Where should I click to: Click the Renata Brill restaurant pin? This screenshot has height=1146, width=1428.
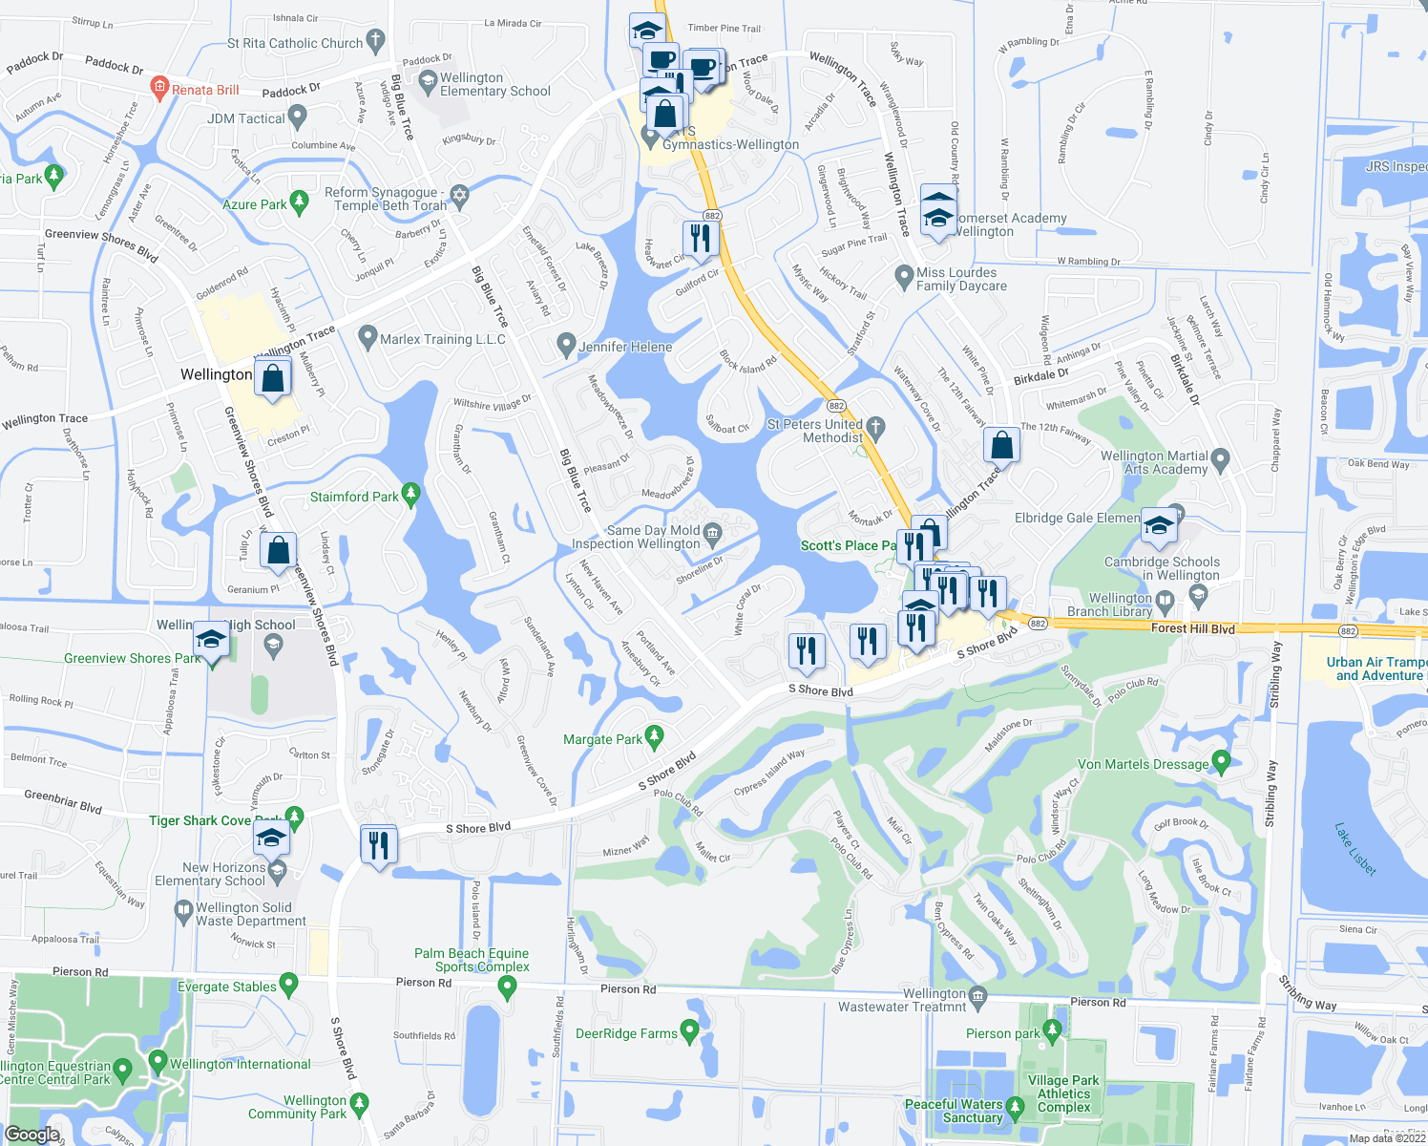pyautogui.click(x=159, y=89)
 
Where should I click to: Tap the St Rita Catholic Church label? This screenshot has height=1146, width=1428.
pyautogui.click(x=295, y=43)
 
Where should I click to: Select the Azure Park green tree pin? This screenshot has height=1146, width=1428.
pyautogui.click(x=300, y=202)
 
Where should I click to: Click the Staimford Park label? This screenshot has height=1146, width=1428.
pyautogui.click(x=354, y=497)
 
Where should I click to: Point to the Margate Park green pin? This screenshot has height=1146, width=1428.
pyautogui.click(x=654, y=736)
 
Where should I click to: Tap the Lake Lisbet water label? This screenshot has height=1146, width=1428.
pyautogui.click(x=1355, y=849)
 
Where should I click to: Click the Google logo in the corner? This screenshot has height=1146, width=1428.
pyautogui.click(x=31, y=1134)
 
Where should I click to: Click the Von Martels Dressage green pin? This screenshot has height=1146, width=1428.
pyautogui.click(x=1221, y=761)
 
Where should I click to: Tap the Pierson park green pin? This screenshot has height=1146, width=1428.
pyautogui.click(x=1052, y=1029)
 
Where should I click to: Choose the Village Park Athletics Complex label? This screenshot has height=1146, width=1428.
pyautogui.click(x=1063, y=1093)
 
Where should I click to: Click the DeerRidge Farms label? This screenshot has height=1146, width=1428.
pyautogui.click(x=626, y=1033)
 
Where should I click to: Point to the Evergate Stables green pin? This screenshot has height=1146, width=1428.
pyautogui.click(x=288, y=984)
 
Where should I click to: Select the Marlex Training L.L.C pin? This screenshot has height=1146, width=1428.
pyautogui.click(x=367, y=337)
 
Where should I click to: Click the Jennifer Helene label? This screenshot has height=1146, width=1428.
pyautogui.click(x=625, y=347)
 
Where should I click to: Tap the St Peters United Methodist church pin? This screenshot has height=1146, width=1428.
pyautogui.click(x=875, y=426)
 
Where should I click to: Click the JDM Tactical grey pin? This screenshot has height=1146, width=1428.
pyautogui.click(x=298, y=117)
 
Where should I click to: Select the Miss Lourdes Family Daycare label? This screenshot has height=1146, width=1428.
pyautogui.click(x=961, y=279)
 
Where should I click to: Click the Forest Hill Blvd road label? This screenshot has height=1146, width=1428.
pyautogui.click(x=1192, y=628)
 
